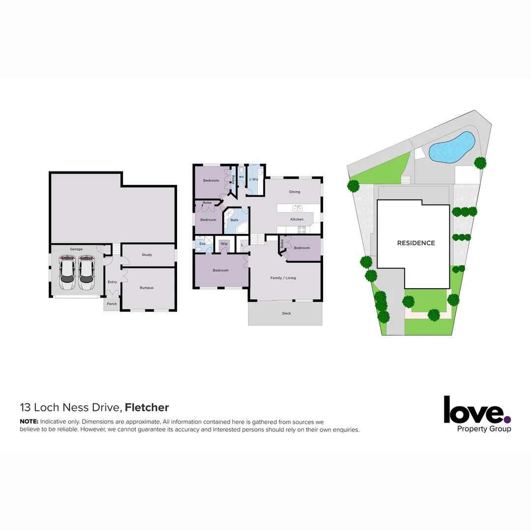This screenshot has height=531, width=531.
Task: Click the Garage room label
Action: click(76, 249)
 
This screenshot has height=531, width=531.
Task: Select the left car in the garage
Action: click(67, 274)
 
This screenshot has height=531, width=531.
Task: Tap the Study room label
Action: click(147, 255)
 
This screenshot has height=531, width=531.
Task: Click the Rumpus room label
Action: click(147, 288)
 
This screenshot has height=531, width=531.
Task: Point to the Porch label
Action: click(112, 304)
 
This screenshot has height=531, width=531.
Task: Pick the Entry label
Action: click(113, 282)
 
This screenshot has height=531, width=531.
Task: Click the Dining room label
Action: click(295, 192)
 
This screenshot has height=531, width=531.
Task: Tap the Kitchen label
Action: click(297, 219)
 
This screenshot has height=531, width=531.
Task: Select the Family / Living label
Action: click(283, 278)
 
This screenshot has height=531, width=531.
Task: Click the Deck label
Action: click(287, 313)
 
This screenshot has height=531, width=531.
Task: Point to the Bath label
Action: click(235, 220)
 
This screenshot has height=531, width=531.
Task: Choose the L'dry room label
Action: click(254, 179)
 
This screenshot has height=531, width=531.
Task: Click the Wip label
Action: click(224, 243)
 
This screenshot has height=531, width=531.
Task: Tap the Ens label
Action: click(202, 243)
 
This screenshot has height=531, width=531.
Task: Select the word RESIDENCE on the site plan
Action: click(416, 243)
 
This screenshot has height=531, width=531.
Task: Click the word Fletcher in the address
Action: click(147, 407)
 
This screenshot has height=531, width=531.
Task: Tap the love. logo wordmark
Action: click(473, 411)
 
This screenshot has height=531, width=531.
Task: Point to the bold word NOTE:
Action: click(29, 422)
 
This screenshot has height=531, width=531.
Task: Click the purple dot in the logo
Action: click(507, 419)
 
